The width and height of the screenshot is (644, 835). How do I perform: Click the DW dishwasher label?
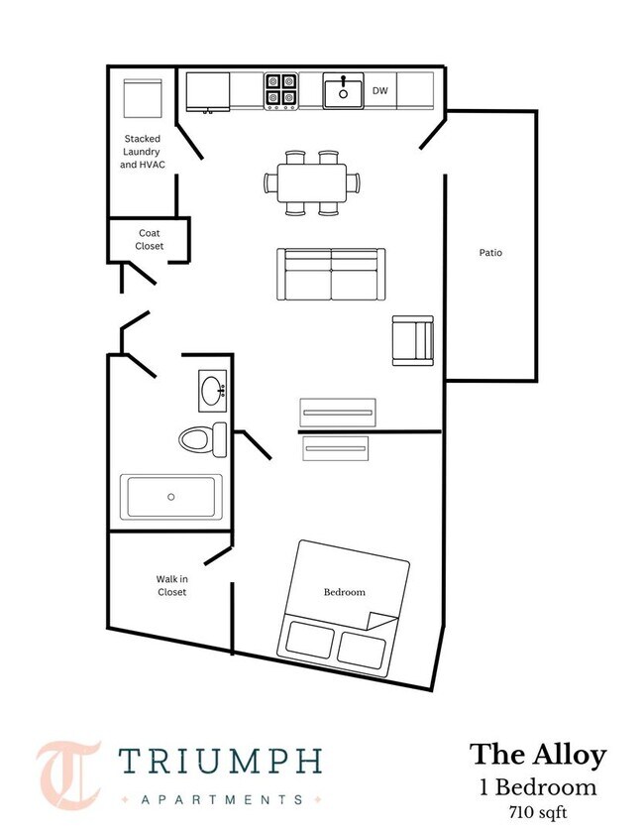(378, 91)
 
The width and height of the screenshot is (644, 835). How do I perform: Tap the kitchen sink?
(343, 91)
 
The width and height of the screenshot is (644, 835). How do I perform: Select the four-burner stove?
(281, 91)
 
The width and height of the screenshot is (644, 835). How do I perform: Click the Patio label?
(490, 252)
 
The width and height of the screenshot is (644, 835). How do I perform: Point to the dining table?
(311, 182)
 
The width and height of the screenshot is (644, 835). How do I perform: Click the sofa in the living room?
(330, 274)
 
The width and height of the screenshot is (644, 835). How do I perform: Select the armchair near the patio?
(412, 340)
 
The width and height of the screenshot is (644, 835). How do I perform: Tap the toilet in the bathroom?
(203, 438)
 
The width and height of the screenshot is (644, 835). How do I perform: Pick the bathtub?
(171, 496)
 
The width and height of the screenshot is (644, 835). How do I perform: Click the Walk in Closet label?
(171, 585)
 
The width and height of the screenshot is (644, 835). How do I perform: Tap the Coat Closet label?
(150, 239)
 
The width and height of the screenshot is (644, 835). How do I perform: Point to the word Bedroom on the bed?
(344, 592)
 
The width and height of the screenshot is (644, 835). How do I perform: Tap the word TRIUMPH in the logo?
(220, 762)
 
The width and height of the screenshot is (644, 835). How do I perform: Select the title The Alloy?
(537, 755)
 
